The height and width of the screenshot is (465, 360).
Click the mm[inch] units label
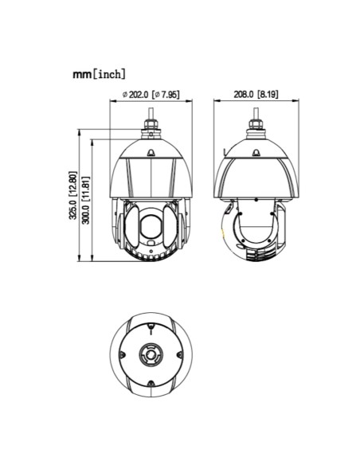point(99,74)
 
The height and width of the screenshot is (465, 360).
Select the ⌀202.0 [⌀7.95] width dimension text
point(151,94)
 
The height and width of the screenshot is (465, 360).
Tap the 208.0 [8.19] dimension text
point(256,94)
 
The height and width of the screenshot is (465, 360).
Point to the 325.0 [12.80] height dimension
point(73,195)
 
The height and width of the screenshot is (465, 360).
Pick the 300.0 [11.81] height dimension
point(85,200)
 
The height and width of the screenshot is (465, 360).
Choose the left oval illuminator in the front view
point(131,227)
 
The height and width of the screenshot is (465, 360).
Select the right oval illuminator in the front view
point(170,227)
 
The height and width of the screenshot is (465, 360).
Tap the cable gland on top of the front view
point(151,129)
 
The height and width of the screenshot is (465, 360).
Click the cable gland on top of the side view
point(256,129)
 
